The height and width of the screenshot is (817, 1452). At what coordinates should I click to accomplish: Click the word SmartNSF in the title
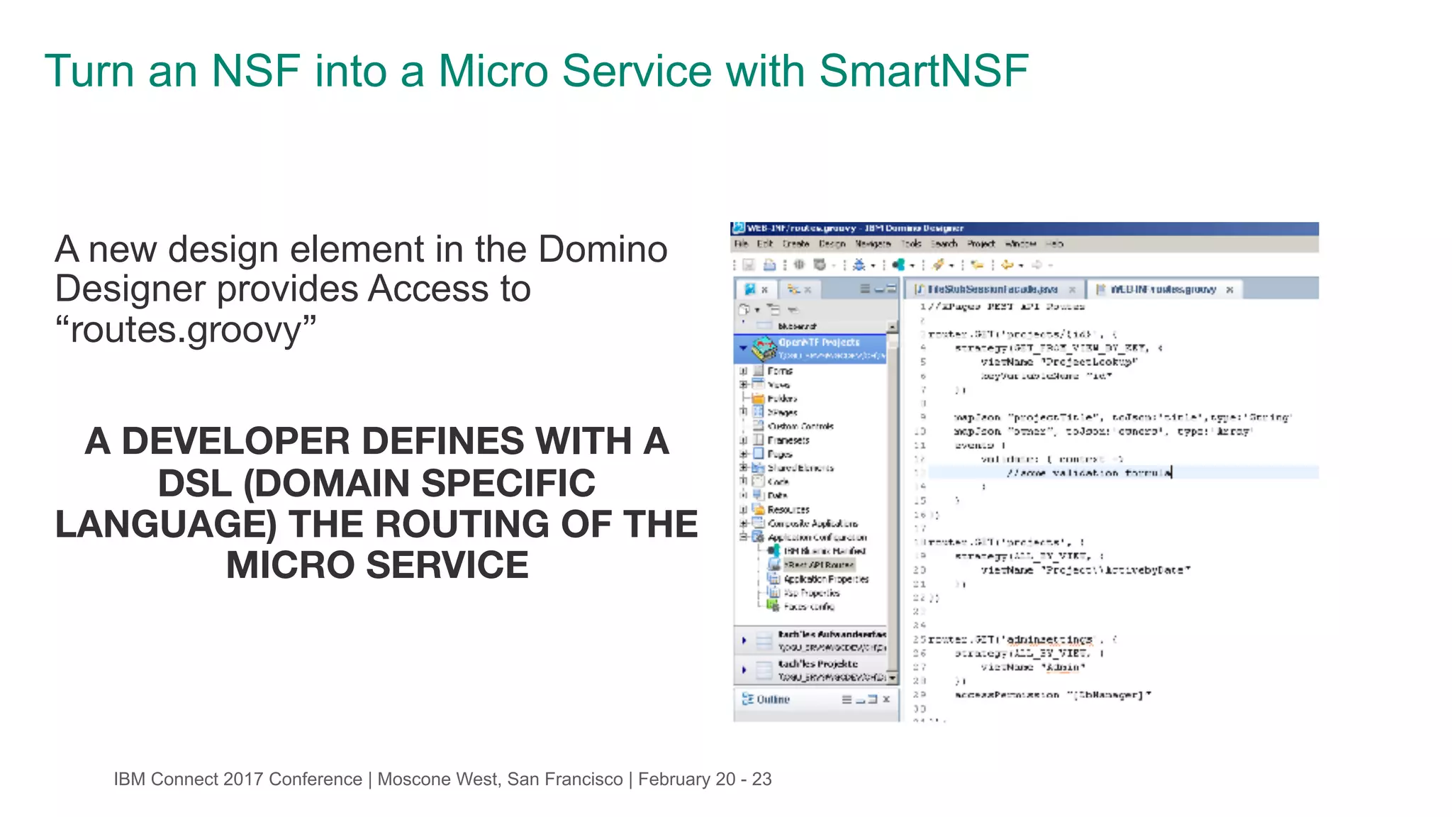click(923, 72)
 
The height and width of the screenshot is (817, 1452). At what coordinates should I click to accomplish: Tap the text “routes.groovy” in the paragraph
click(186, 330)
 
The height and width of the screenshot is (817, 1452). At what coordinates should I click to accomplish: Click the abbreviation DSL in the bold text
click(193, 484)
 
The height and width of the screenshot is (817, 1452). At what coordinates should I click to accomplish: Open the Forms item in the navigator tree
click(780, 370)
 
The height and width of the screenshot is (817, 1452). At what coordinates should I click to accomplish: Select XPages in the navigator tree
click(783, 412)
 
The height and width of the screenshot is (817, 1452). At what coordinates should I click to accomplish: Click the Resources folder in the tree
click(788, 509)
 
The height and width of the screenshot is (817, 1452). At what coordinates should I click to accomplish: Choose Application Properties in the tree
click(825, 579)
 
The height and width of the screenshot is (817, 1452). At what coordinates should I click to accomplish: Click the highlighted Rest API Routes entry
click(818, 565)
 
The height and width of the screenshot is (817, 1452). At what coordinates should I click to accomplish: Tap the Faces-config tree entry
click(809, 606)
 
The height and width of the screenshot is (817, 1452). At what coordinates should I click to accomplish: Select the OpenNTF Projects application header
click(818, 343)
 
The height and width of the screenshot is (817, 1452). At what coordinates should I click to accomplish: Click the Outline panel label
click(772, 699)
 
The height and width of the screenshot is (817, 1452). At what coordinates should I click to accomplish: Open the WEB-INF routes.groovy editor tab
click(1162, 289)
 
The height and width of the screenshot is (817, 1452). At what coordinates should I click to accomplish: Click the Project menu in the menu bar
click(981, 244)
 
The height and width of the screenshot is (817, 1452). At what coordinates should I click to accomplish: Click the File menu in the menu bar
click(741, 244)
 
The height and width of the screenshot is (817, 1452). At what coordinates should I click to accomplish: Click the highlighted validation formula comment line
click(1088, 473)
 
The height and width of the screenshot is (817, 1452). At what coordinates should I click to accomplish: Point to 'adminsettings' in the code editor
click(1049, 639)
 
